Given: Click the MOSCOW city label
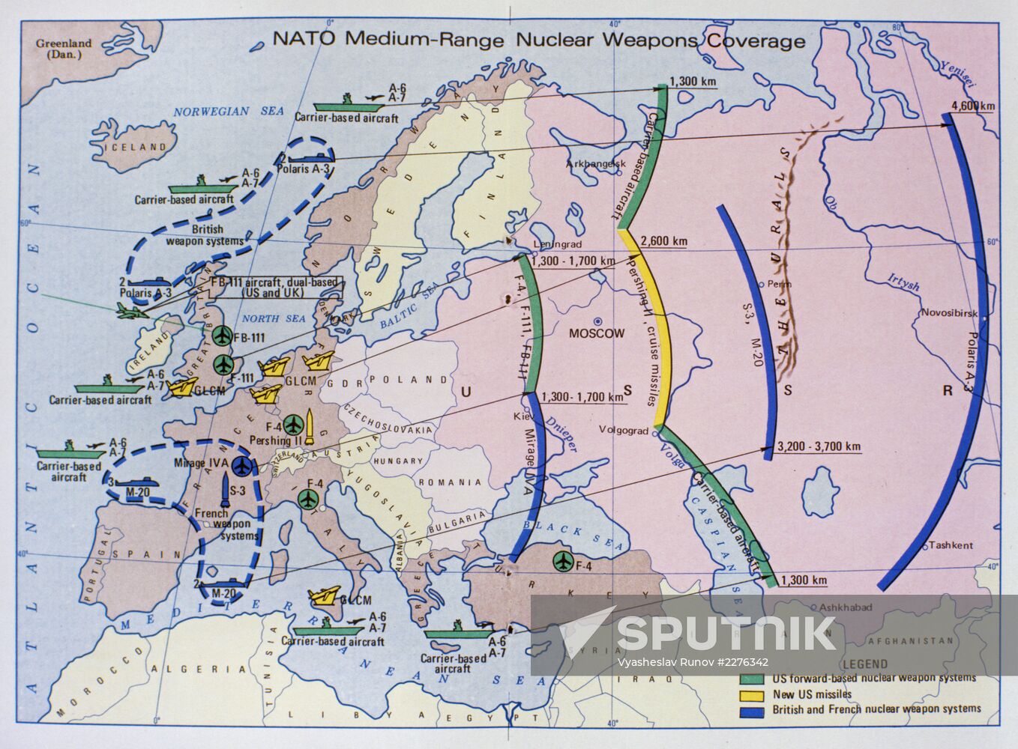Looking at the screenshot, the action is pos(597,333).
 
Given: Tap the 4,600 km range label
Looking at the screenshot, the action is pos(972,106).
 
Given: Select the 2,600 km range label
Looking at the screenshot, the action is pos(664,241).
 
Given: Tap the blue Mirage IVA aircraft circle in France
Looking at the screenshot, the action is pos(241,465).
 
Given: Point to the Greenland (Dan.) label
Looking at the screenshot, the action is pos(64,49).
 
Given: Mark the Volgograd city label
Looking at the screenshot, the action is pos(624,430).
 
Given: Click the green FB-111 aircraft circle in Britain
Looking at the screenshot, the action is pos(222,336).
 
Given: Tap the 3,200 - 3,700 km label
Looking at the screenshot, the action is pos(819,447).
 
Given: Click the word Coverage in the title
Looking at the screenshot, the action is pos(754,40).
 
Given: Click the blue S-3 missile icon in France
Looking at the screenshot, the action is pos(226,488).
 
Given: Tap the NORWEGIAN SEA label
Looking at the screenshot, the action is pos(229,111).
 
